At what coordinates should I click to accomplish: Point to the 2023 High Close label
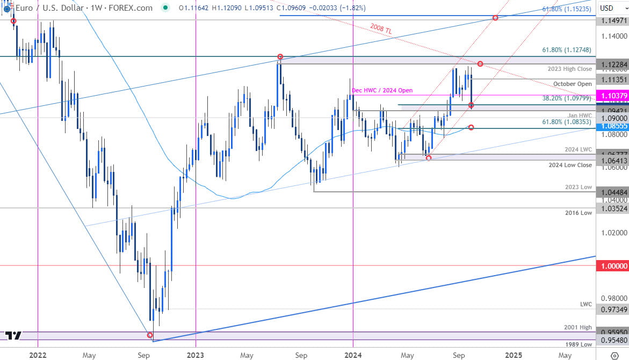pos(570,69)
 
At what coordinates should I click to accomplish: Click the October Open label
pos(573,84)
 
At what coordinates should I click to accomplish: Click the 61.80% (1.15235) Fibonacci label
pos(567,9)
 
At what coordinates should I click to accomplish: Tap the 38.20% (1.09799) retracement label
pos(566,99)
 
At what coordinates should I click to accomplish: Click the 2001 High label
pos(577,327)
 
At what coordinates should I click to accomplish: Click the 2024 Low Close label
pos(570,165)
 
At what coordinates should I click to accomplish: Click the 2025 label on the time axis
pos(514,355)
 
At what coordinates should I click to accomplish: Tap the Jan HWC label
pos(580,116)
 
